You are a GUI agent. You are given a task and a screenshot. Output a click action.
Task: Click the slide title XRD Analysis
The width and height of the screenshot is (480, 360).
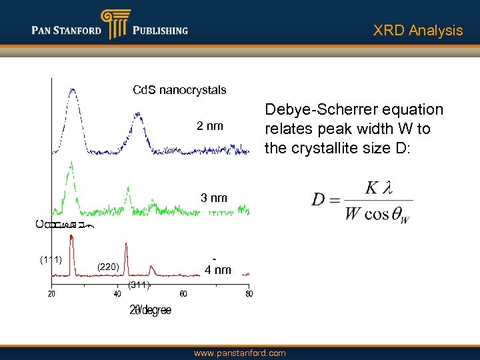(x=417, y=31)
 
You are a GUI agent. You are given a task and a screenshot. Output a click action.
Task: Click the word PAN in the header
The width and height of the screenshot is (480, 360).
(x=43, y=30)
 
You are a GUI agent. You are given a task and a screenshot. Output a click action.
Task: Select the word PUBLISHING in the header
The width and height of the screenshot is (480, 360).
(x=160, y=30)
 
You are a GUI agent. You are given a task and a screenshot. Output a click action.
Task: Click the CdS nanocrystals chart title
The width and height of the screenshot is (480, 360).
(x=179, y=90)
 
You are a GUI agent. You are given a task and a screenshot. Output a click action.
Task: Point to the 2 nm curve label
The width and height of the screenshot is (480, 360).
(x=209, y=127)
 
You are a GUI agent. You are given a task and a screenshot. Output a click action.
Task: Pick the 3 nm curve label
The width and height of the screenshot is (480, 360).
(x=214, y=198)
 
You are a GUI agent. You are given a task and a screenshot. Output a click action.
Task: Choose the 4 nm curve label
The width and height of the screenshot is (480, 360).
(x=217, y=270)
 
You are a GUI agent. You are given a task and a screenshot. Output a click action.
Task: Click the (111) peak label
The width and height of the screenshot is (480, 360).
(x=51, y=259)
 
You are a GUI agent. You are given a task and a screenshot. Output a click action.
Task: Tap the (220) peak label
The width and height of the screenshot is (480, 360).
(x=108, y=267)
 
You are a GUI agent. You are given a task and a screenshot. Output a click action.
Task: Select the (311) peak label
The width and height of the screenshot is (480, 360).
(x=139, y=285)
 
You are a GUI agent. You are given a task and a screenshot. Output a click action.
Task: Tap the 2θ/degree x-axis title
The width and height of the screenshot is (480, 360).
(x=150, y=310)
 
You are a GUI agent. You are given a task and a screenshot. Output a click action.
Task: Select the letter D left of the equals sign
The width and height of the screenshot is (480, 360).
(x=319, y=199)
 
